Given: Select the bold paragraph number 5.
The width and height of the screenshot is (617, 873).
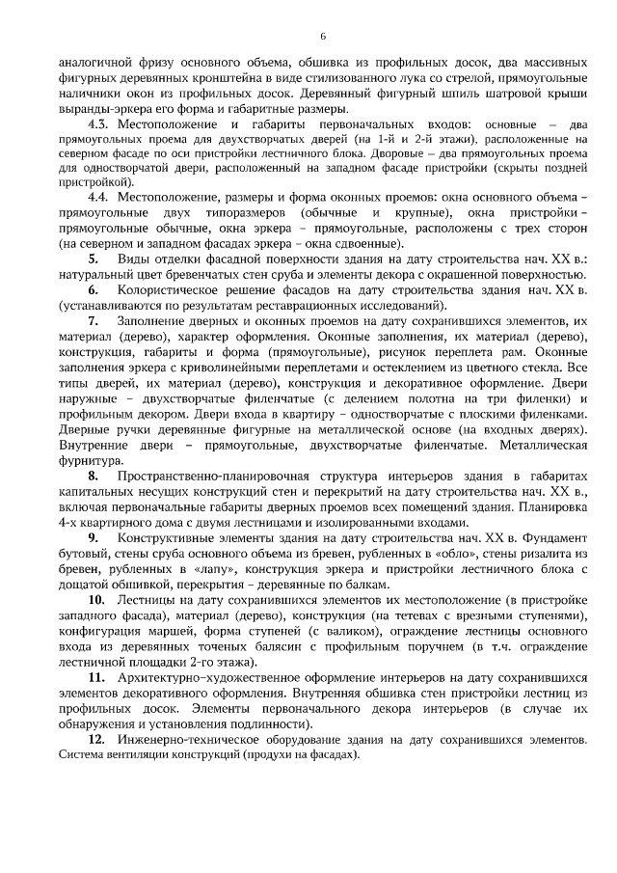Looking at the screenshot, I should pyautogui.click(x=93, y=260).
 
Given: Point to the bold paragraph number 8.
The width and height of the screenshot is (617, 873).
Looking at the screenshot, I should pyautogui.click(x=94, y=477).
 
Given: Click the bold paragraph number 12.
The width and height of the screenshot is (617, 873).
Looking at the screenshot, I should pyautogui.click(x=95, y=738).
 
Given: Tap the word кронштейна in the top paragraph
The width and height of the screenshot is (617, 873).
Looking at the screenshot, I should pyautogui.click(x=243, y=75).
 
